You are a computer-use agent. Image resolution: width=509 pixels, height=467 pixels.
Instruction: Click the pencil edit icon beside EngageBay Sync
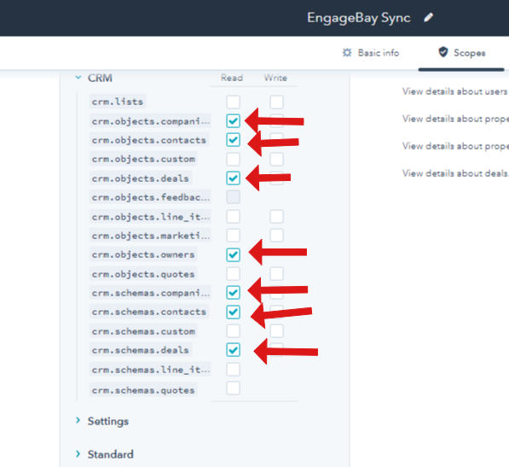429,17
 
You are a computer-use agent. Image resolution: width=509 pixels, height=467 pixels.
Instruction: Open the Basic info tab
371,53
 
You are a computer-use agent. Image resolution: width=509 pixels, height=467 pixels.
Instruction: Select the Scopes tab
461,53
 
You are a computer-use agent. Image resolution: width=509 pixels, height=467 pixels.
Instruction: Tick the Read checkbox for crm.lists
233,102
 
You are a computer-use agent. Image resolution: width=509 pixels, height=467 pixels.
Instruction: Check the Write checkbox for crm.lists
276,102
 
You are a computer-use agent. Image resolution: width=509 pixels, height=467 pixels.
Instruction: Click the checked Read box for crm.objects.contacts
233,140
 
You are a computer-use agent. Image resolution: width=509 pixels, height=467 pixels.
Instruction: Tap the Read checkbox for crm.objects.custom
233,160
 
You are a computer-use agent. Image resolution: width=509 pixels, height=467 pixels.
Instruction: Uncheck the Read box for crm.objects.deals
233,178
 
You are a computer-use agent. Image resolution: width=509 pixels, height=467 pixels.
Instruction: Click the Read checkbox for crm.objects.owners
233,254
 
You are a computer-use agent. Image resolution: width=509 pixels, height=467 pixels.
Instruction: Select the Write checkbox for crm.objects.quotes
276,274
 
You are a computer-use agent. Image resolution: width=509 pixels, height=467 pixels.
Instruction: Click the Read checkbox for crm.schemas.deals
233,350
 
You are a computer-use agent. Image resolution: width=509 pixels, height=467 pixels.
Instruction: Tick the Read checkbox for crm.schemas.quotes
233,388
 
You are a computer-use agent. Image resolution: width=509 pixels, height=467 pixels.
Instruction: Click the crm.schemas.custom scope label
143,331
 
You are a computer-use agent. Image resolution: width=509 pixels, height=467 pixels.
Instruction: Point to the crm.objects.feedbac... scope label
150,197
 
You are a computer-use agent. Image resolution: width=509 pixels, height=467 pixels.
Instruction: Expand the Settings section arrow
78,420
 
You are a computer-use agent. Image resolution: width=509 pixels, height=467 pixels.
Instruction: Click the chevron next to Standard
78,453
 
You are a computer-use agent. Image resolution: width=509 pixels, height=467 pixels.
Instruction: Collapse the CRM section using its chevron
78,78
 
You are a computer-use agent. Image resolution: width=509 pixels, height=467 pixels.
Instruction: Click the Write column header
275,78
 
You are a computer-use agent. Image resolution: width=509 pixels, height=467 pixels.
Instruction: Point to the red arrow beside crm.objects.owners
278,253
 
